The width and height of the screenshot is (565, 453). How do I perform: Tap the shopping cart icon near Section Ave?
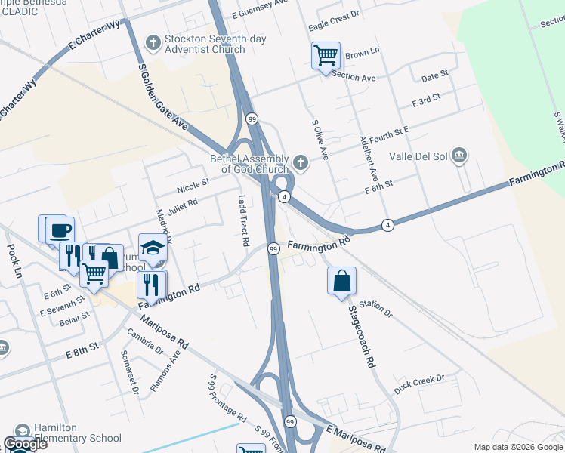pos(326,55)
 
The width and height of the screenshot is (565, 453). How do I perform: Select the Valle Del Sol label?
pos(419,157)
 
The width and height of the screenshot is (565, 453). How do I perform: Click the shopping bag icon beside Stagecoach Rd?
pos(341,279)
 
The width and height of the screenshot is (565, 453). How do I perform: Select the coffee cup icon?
pos(60,230)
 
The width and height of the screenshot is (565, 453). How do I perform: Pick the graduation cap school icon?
pos(153,248)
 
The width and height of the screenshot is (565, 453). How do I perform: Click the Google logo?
pos(25,444)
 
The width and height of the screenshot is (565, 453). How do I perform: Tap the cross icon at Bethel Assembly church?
pos(301,162)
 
